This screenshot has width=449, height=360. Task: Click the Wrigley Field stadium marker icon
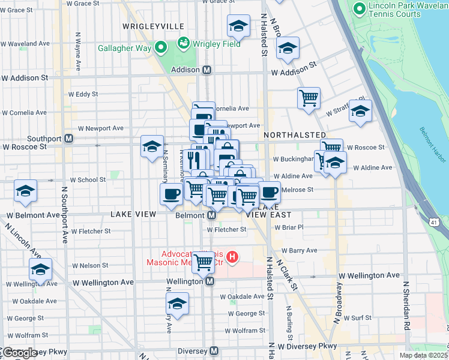pyautogui.click(x=183, y=43)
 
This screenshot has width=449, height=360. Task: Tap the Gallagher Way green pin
pyautogui.click(x=160, y=47)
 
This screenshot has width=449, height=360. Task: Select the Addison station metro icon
pyautogui.click(x=207, y=70)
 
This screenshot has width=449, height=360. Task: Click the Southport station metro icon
pyautogui.click(x=69, y=139)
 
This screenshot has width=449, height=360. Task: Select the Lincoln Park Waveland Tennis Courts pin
pyautogui.click(x=360, y=8)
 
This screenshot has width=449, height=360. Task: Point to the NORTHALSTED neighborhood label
pyautogui.click(x=294, y=136)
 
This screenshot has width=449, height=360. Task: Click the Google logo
pyautogui.click(x=19, y=353)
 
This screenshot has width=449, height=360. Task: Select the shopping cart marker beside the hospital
pyautogui.click(x=203, y=261)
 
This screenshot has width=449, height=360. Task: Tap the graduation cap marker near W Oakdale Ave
pyautogui.click(x=177, y=304)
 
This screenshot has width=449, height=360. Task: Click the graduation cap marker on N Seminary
pyautogui.click(x=152, y=146)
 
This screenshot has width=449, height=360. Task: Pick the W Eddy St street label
pyautogui.click(x=83, y=94)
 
